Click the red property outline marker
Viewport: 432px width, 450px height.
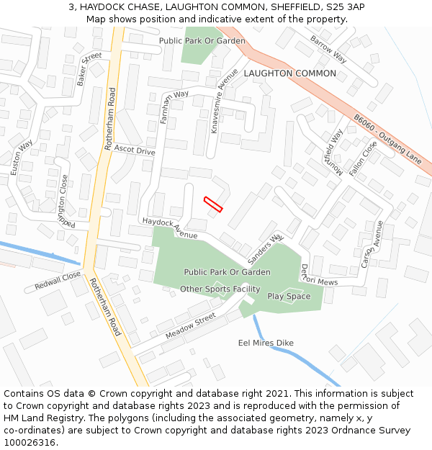coord(213,204)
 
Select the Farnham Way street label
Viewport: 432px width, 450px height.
coord(174,105)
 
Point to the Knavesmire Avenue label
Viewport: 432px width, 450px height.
coord(223,101)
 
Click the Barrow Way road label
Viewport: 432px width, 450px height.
coord(328,49)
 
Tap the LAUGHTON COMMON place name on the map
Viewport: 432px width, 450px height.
coord(289,73)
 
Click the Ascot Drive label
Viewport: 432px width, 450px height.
coord(135,151)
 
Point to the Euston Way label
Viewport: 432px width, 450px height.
coord(22,158)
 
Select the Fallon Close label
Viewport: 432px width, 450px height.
coord(363,159)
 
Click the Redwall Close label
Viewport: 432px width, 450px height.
coord(58,282)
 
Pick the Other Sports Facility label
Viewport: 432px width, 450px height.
coord(220,289)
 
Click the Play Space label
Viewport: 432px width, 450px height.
coord(289,296)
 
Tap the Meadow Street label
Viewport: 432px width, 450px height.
coord(191,326)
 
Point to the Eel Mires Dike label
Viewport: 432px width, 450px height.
coord(266,343)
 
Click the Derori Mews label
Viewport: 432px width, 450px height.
coord(318,274)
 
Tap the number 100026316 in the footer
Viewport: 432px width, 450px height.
coord(31,442)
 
